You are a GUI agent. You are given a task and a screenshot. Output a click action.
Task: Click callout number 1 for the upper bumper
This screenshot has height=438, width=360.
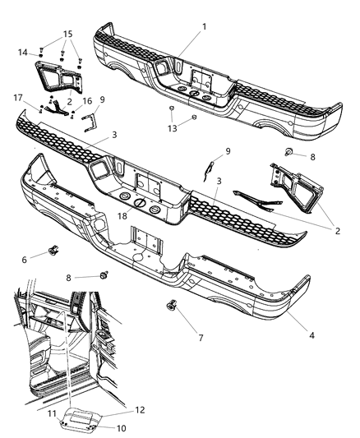[x=204, y=26]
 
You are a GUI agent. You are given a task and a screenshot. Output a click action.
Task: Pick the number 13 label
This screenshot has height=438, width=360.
[x=172, y=129]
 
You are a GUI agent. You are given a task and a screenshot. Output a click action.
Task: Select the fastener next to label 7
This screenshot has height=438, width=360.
[x=172, y=307]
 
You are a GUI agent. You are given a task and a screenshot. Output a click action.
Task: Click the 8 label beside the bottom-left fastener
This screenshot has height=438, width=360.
[x=80, y=278]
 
